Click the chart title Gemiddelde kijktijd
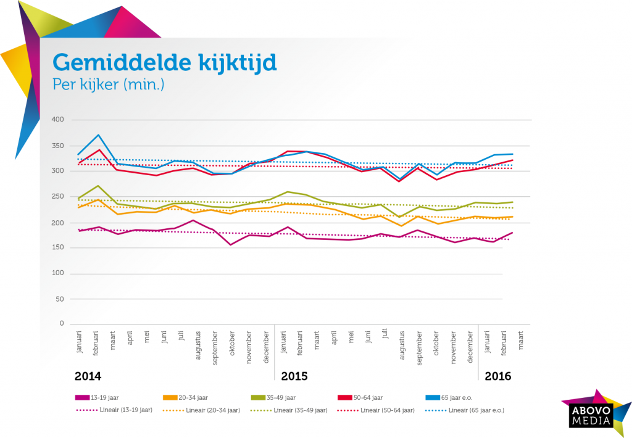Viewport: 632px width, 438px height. click(x=164, y=63)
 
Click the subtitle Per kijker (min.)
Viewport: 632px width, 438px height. click(x=108, y=85)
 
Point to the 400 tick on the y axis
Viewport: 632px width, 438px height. click(x=57, y=119)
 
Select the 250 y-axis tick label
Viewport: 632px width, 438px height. click(x=57, y=196)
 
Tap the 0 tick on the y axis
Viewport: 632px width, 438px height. click(x=62, y=323)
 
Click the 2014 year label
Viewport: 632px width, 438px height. click(x=88, y=376)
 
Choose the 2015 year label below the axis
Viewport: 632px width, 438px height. click(x=294, y=376)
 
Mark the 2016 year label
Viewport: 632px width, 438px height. click(x=498, y=376)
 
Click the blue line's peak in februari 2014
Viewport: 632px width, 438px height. click(x=97, y=134)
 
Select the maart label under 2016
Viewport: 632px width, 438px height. click(x=521, y=341)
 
